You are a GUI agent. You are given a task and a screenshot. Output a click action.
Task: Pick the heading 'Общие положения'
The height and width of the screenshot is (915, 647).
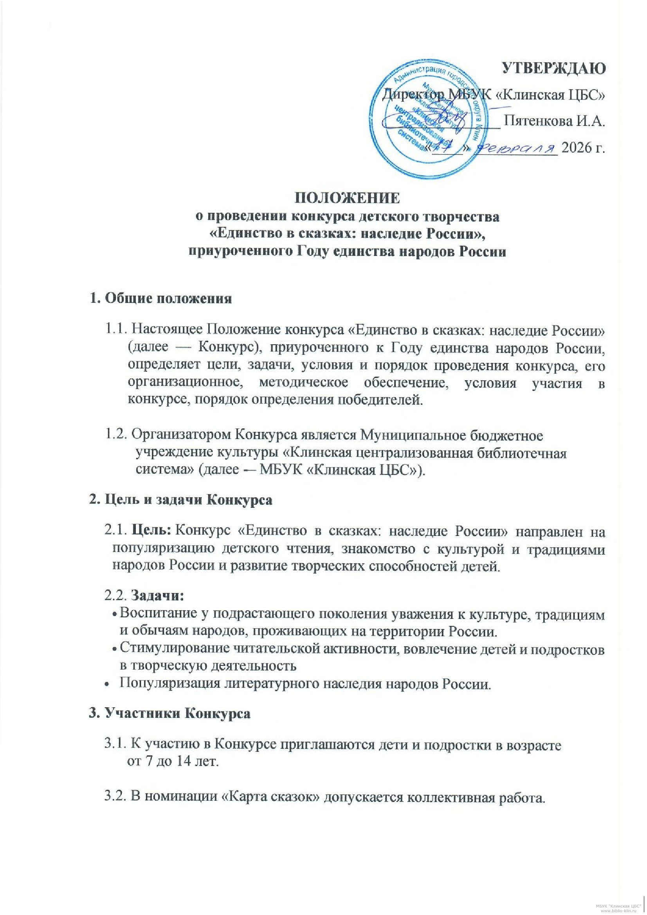click(x=168, y=299)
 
